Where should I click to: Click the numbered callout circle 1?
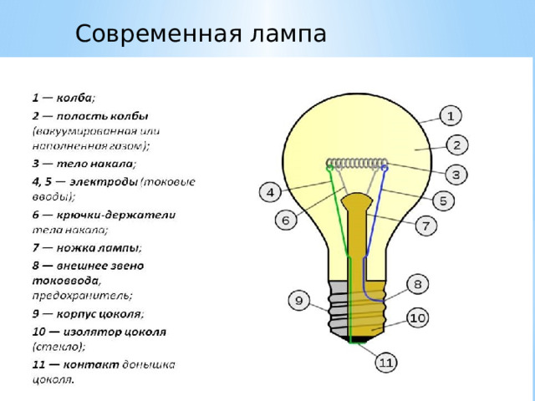point(450,115)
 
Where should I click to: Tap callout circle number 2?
point(456,145)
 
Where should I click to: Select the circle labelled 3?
point(456,174)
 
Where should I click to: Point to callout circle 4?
point(269,192)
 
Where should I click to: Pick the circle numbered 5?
point(442,200)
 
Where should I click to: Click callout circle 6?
point(285,221)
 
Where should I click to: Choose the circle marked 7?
point(424,226)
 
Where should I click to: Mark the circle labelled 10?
point(418,317)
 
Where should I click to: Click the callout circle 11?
point(385,363)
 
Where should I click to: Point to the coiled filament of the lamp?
point(358,163)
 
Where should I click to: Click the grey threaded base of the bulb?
point(358,309)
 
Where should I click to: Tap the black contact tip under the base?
point(359,338)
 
